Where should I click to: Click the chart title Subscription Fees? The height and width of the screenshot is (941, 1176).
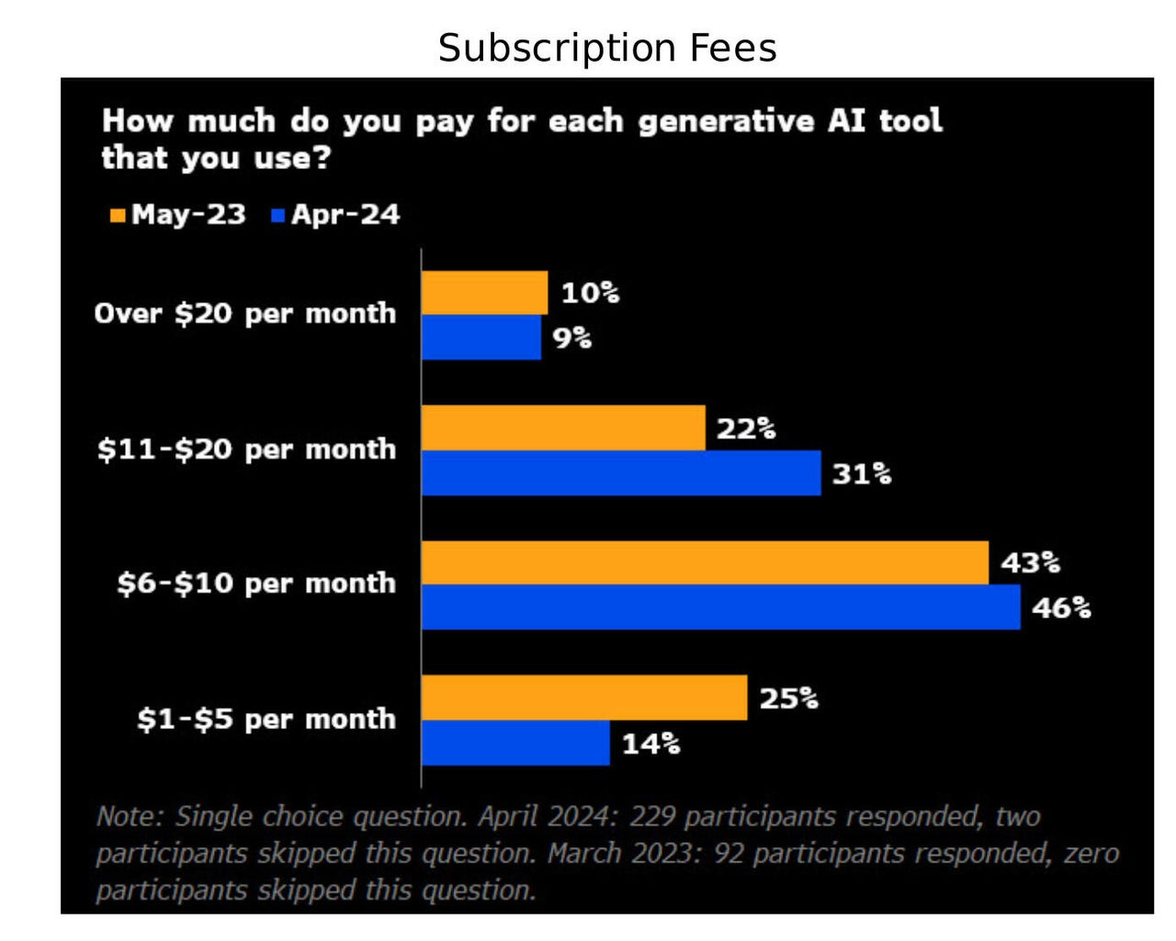pyautogui.click(x=607, y=48)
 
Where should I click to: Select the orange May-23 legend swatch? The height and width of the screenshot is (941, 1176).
pyautogui.click(x=118, y=216)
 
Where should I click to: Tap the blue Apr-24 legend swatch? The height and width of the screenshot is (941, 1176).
pyautogui.click(x=278, y=216)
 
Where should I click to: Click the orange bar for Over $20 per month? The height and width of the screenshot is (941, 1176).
pyautogui.click(x=484, y=293)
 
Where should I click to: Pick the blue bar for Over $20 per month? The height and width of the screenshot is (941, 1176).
pyautogui.click(x=481, y=337)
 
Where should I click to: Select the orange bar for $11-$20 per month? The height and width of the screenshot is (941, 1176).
pyautogui.click(x=563, y=428)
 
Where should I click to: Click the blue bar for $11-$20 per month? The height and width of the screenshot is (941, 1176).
pyautogui.click(x=621, y=473)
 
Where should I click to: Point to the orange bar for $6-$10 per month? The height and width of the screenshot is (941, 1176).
pyautogui.click(x=705, y=562)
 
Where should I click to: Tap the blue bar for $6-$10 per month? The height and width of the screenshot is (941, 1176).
pyautogui.click(x=720, y=607)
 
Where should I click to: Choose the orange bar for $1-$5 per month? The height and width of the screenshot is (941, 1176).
pyautogui.click(x=584, y=697)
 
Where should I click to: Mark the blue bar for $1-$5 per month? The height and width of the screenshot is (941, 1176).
pyautogui.click(x=515, y=743)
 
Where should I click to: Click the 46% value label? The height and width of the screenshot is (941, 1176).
pyautogui.click(x=1061, y=608)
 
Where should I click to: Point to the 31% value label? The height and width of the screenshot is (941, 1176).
pyautogui.click(x=862, y=474)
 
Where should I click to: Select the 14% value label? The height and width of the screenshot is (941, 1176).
pyautogui.click(x=651, y=743)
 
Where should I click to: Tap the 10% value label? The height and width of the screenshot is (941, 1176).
pyautogui.click(x=590, y=293)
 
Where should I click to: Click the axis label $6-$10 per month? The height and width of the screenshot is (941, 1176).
pyautogui.click(x=256, y=584)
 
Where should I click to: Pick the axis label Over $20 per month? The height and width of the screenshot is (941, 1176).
pyautogui.click(x=245, y=313)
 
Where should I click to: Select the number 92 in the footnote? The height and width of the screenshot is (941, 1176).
pyautogui.click(x=729, y=854)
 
